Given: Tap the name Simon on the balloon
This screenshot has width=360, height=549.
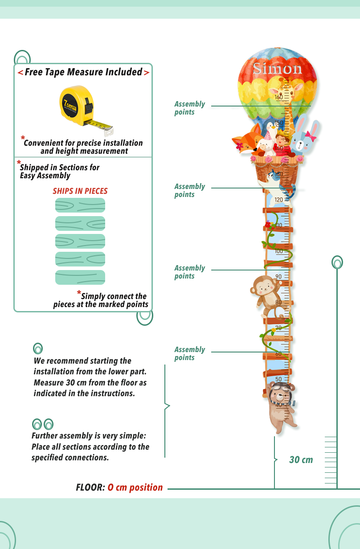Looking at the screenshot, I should pos(277,69).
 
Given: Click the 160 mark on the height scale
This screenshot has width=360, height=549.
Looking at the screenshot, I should pos(279,97).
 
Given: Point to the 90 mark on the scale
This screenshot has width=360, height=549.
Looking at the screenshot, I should pos(278,277).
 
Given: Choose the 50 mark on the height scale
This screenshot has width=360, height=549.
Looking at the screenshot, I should pos(278,379).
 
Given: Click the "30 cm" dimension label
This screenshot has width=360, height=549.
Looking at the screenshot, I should pos(301,460).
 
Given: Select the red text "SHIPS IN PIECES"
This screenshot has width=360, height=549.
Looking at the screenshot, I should pos(80,191).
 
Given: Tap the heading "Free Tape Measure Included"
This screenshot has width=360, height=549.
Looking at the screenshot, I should pos(83,72).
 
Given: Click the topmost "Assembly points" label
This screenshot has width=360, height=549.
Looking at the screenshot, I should pos(190,108).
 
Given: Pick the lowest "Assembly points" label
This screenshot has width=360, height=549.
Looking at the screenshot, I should pos(190,353).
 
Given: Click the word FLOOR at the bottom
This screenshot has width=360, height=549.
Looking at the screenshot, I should pos(90,488).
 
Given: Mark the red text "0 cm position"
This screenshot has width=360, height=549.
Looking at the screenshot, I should pos(135,488).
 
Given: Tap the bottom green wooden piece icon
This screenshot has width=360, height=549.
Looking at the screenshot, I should pos(80,277).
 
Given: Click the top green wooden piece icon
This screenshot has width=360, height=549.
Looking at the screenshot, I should pos(80,205).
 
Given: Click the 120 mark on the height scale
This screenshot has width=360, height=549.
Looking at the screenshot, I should pos(279,200).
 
